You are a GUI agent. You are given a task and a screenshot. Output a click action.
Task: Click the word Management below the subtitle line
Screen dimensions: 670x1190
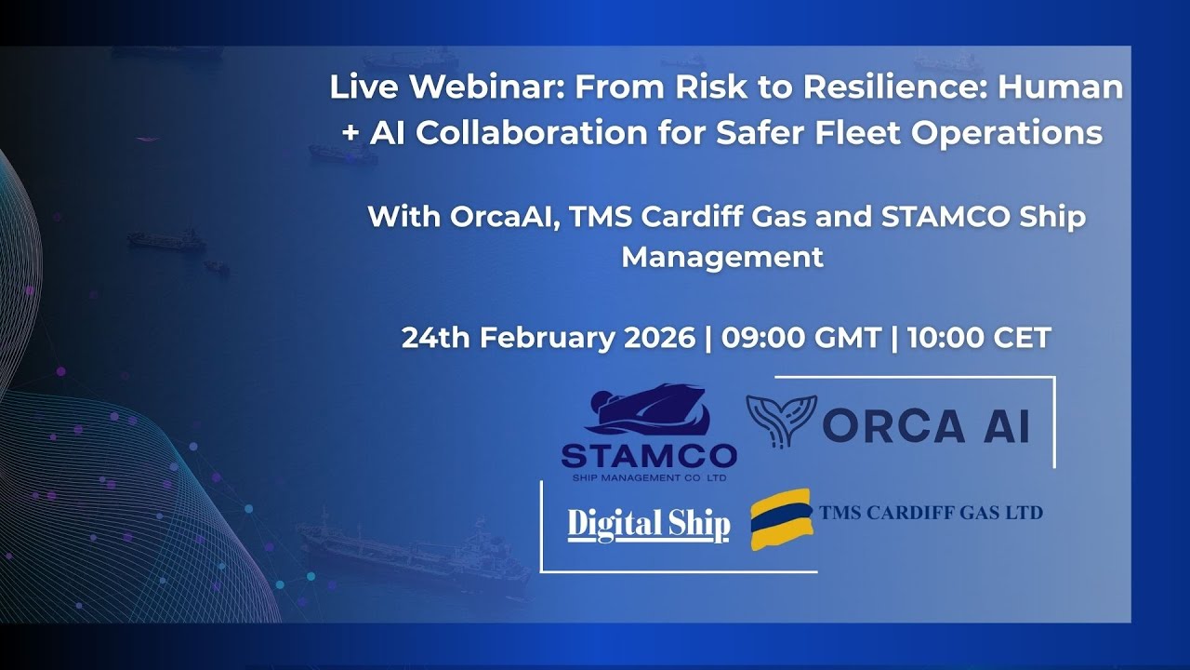[x=722, y=256]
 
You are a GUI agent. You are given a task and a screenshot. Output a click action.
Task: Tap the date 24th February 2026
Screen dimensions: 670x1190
[x=548, y=338]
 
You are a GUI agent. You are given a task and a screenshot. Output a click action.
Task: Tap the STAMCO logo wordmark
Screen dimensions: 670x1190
[x=649, y=455]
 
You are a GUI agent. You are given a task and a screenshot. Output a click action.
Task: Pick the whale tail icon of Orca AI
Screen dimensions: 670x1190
[x=781, y=420]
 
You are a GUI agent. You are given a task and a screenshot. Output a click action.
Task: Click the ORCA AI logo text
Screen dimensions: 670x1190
[x=926, y=426]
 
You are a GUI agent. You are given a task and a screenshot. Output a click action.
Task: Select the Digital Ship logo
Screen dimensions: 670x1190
[x=648, y=525]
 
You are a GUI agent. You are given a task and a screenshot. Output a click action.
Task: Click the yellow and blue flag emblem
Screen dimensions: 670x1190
[x=781, y=518]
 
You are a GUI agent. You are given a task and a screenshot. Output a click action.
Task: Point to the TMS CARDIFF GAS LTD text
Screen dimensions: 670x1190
[x=931, y=513]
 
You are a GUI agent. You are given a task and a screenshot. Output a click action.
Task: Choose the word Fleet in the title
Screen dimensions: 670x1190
[x=855, y=133]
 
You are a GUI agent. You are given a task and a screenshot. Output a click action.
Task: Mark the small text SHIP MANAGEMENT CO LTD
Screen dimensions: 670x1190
[x=648, y=478]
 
